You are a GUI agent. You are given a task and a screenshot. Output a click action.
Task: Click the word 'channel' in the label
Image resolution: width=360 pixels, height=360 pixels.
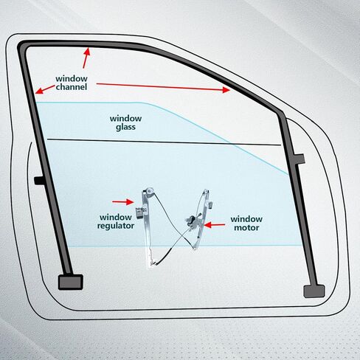coord(72,87)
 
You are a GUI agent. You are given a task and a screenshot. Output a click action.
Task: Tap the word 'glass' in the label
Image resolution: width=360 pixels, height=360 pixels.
coord(125,128)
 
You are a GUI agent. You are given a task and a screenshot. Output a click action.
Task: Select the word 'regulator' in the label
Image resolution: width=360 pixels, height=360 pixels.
coord(116,226)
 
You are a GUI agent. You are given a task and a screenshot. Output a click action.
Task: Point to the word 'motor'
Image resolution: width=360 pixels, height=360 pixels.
coord(246,228)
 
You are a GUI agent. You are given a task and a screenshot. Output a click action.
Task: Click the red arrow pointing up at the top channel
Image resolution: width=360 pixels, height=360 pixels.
coord(86,58)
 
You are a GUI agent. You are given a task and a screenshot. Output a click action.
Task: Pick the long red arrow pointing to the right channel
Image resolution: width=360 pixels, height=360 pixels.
coord(163,87)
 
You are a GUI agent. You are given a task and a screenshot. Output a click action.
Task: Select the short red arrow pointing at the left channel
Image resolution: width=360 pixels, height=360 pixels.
coord(45,89)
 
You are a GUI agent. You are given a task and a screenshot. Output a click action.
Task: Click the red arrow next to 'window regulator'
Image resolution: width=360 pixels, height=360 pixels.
coord(123,202)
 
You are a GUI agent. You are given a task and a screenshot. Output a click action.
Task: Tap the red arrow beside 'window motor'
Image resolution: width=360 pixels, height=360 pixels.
coord(215,225)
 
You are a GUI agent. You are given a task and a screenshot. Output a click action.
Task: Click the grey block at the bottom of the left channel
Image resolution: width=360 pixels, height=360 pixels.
coord(71,282)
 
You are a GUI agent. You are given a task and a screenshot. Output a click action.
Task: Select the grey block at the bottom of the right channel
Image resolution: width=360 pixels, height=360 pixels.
coord(314,291)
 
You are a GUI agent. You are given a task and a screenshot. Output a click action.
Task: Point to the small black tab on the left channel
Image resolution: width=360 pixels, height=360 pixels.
coord(39,181)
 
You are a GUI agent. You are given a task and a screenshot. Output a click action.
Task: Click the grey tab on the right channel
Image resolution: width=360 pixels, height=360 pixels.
coord(300,159)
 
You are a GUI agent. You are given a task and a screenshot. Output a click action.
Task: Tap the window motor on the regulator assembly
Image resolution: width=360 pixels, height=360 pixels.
coord(193,220)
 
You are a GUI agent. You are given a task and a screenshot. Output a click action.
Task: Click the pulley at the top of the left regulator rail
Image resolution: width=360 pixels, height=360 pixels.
coord(149,191)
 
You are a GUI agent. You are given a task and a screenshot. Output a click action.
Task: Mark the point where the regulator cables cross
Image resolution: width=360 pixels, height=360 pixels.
coord(182,235)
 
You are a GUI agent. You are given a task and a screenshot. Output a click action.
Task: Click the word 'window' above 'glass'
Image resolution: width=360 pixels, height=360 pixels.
coord(125,119)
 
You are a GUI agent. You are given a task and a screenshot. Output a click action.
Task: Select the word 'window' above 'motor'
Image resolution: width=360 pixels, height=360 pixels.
coord(246,219)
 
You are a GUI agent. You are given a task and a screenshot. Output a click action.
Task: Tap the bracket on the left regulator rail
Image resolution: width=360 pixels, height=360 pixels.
coord(141,212)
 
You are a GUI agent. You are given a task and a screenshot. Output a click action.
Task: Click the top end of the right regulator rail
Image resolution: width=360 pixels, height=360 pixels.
coord(206,190)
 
